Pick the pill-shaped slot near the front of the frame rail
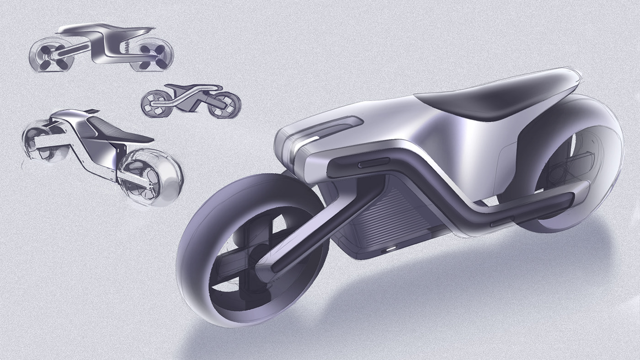[x=374, y=163]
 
